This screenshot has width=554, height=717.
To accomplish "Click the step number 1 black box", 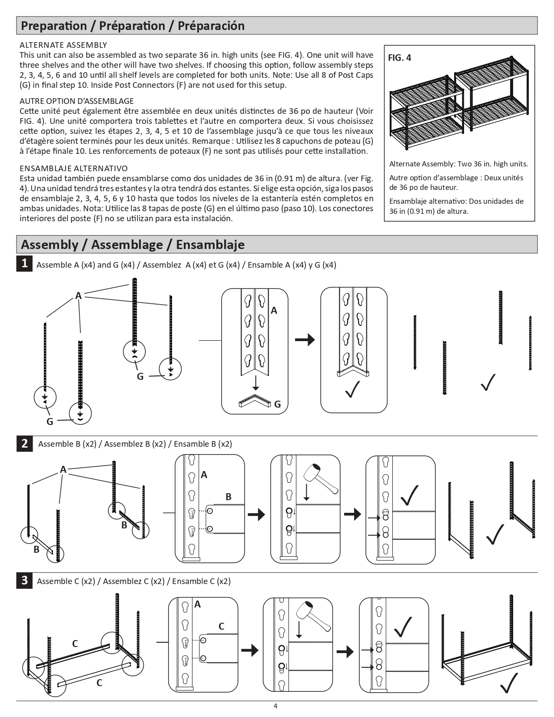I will tap(25, 263).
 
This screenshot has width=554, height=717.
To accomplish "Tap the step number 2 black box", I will tap(25, 443).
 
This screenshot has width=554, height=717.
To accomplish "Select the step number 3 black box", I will tap(25, 580).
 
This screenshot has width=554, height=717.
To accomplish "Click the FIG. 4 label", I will tap(399, 58).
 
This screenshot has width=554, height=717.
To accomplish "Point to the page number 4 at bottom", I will tap(275, 706).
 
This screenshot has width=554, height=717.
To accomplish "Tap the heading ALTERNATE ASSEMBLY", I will tap(63, 45).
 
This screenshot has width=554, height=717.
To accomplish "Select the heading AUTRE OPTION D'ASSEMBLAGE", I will tap(77, 101).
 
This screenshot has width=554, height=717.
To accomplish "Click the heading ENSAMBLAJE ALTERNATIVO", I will tap(74, 168).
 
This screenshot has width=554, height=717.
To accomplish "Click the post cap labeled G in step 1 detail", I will tap(255, 402).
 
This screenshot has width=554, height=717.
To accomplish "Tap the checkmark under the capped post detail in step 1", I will tap(352, 389).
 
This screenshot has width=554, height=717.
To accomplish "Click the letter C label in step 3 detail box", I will tap(221, 626).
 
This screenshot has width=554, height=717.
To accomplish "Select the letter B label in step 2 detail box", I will tap(228, 497).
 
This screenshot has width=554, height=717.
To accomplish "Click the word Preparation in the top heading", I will tap(54, 26).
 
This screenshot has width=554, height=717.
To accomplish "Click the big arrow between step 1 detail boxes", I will tap(305, 339).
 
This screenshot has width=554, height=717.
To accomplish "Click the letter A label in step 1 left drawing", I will tap(78, 296).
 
